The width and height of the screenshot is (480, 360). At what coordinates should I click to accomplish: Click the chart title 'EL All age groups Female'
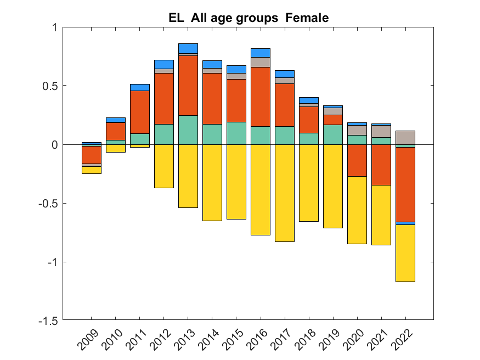pyautogui.click(x=249, y=18)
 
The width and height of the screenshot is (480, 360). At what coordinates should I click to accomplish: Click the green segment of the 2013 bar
pyautogui.click(x=188, y=130)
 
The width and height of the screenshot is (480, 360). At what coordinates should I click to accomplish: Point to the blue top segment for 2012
pyautogui.click(x=164, y=64)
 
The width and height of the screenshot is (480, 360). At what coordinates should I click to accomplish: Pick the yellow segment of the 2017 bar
pyautogui.click(x=285, y=193)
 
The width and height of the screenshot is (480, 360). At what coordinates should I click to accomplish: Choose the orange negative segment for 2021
pyautogui.click(x=381, y=165)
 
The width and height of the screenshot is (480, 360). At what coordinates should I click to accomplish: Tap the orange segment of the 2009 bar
pyautogui.click(x=92, y=155)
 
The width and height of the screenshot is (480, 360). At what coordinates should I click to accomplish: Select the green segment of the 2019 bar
pyautogui.click(x=333, y=134)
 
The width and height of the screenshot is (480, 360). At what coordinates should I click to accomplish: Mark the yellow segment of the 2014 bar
pyautogui.click(x=212, y=182)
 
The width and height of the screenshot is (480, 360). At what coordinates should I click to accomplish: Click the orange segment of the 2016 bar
pyautogui.click(x=261, y=97)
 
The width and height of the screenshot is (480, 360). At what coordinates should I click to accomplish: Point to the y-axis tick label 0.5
pyautogui.click(x=50, y=86)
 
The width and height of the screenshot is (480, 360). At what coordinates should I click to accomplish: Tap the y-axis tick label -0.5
pyautogui.click(x=48, y=203)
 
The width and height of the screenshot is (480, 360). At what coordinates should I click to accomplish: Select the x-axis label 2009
pyautogui.click(x=88, y=340)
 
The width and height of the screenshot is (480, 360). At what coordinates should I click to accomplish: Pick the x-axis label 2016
pyautogui.click(x=257, y=340)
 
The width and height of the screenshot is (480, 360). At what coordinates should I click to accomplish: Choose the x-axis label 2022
pyautogui.click(x=402, y=340)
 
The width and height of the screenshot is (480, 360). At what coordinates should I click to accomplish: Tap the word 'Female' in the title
pyautogui.click(x=307, y=18)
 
